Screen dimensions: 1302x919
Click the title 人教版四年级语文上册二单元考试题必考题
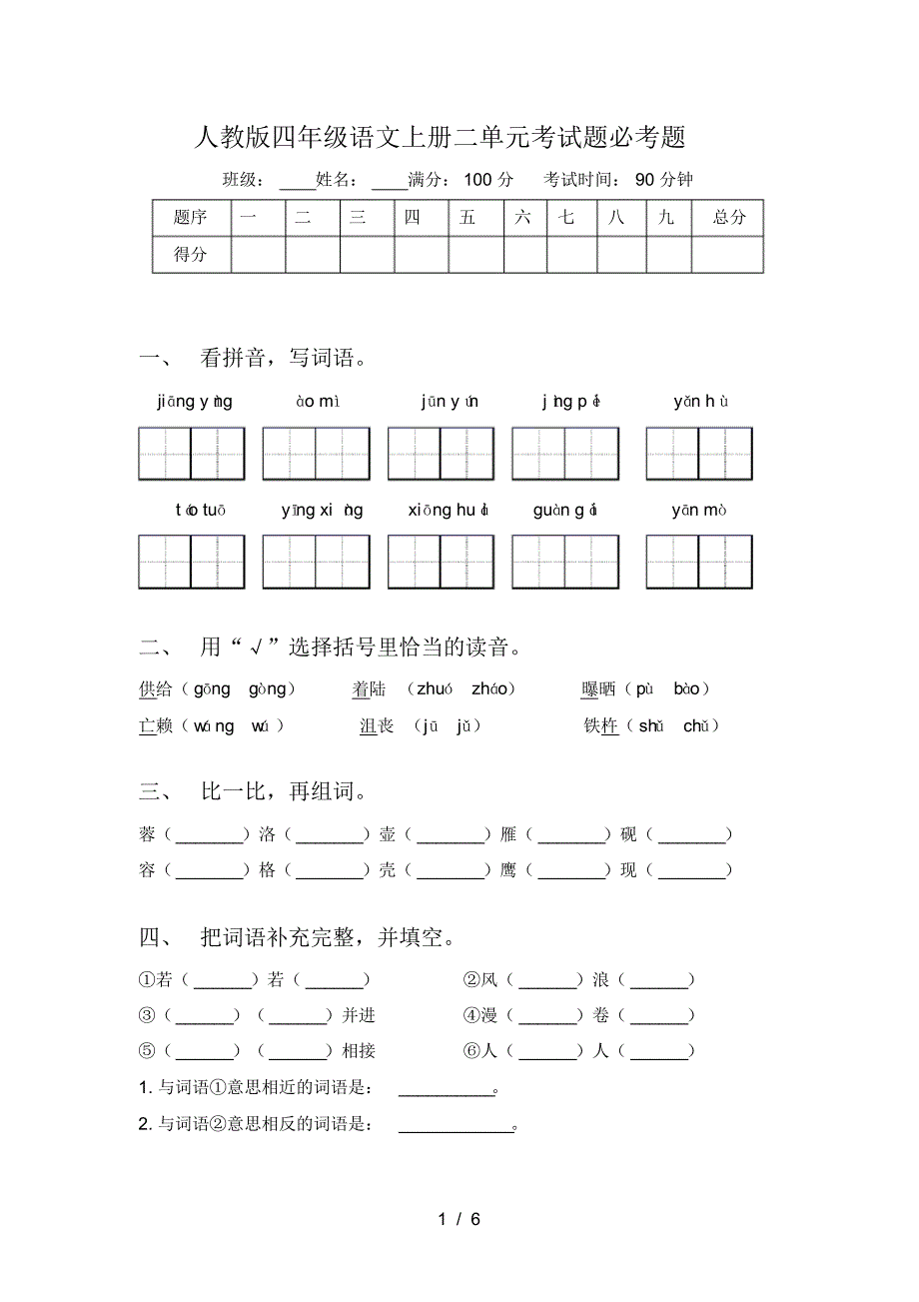coord(440,137)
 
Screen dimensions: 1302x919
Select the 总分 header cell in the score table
coord(728,217)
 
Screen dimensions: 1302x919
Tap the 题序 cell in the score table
coord(191,217)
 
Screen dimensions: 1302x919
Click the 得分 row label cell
coord(191,254)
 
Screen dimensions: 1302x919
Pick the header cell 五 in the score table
coord(467,217)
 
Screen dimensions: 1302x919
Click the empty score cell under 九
coord(667,254)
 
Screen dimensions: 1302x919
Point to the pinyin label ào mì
coord(318,402)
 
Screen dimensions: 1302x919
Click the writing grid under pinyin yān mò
coord(698,562)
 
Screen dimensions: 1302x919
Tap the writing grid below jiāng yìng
coord(192,454)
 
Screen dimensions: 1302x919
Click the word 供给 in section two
coord(156,688)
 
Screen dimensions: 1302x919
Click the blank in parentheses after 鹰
coord(571,870)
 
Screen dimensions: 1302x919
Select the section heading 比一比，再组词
coord(283,792)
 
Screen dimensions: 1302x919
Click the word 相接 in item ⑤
coord(359,1051)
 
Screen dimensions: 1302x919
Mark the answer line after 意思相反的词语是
coord(455,1125)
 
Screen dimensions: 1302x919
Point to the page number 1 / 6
coord(459,1219)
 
